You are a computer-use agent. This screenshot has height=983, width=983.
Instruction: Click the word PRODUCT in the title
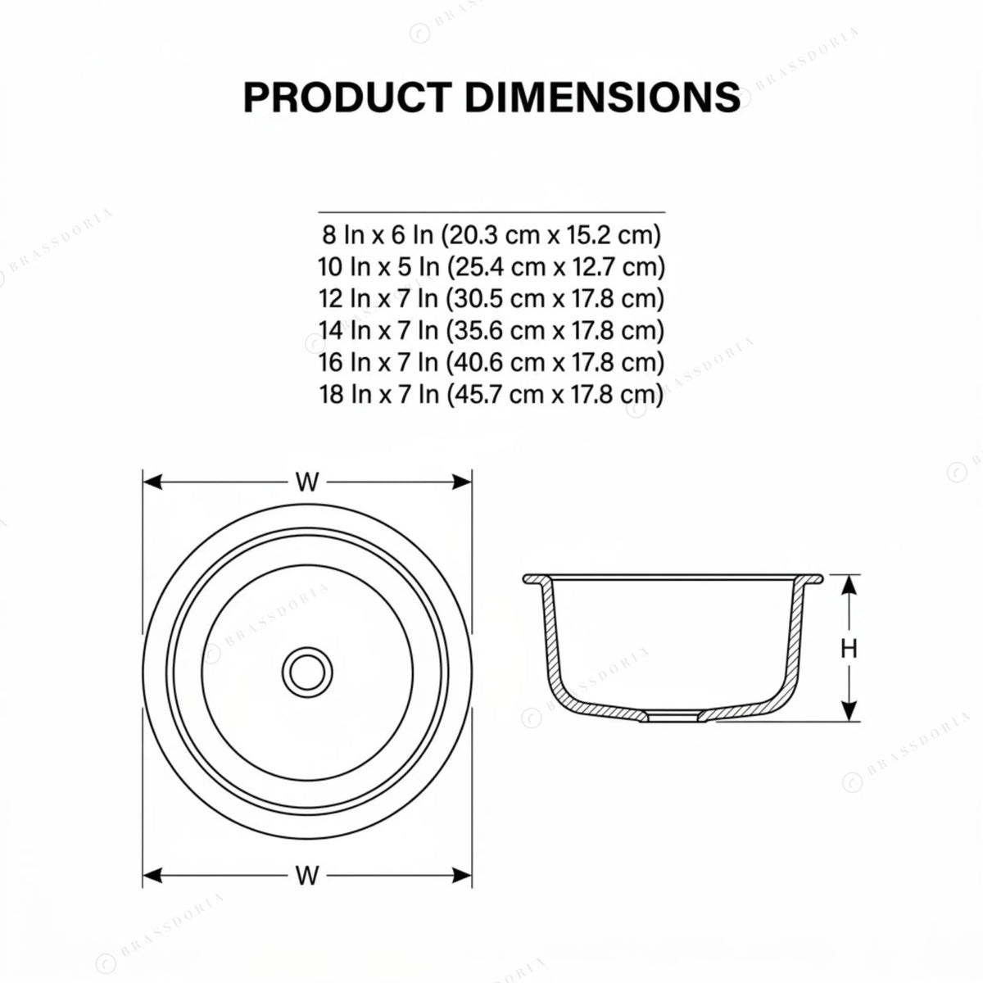(347, 97)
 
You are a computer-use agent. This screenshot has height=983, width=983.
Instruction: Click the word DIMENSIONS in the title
(602, 97)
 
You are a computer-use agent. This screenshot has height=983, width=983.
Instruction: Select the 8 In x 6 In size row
(491, 234)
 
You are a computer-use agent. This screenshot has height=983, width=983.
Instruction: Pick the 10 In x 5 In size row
(491, 267)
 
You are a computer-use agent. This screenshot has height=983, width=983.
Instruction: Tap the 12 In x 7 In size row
(491, 298)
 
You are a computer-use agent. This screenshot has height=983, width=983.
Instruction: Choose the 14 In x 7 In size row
(491, 331)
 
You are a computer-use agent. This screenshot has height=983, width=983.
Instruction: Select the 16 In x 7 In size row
(491, 362)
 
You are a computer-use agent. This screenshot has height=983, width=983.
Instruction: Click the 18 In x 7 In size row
(491, 394)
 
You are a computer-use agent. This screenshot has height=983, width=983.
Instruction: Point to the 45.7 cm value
(496, 394)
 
